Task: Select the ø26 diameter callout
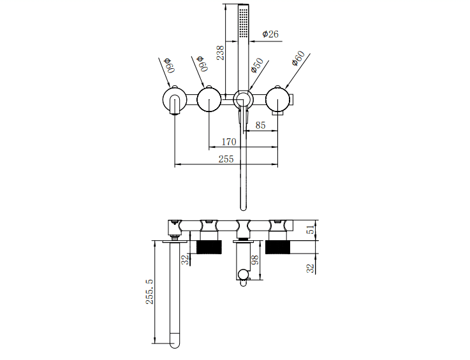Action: tap(269, 34)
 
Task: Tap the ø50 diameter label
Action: tap(258, 66)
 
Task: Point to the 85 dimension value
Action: tap(261, 125)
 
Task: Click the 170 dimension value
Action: tap(228, 141)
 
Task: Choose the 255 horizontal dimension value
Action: tap(226, 159)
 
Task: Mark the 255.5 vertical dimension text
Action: tap(149, 291)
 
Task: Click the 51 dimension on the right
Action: tap(311, 230)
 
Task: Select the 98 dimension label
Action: tap(255, 259)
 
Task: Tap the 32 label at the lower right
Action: tap(311, 268)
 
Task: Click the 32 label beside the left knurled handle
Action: tap(185, 259)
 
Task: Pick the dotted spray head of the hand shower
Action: tap(244, 24)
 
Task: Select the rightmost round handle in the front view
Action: tap(278, 99)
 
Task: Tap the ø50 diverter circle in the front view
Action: tap(243, 99)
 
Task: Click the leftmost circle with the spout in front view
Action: tap(174, 100)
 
